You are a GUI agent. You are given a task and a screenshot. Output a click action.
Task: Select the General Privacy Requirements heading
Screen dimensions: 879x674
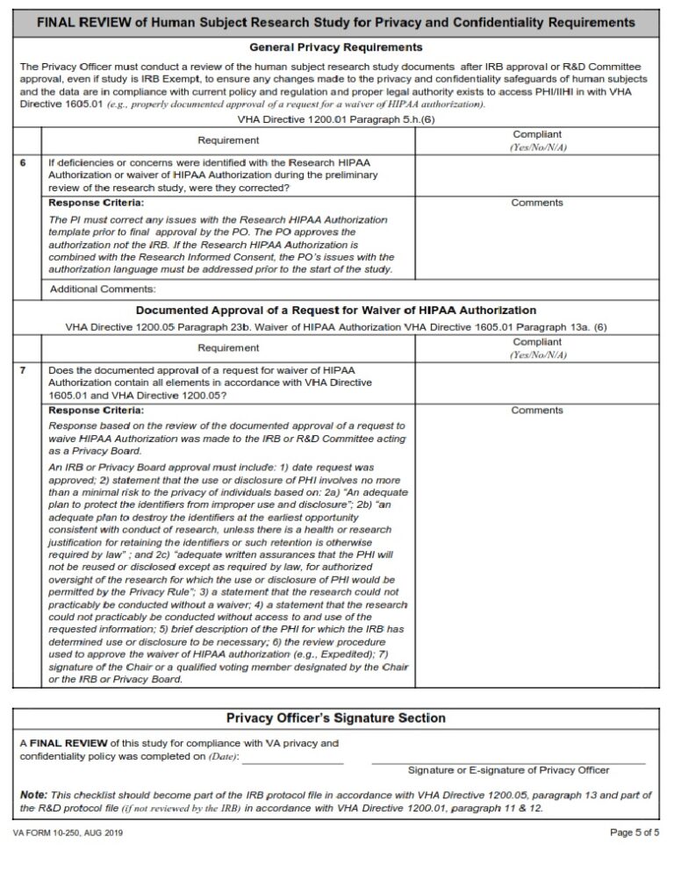336,46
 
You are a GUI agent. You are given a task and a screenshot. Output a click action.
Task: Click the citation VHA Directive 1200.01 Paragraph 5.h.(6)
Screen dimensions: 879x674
336,118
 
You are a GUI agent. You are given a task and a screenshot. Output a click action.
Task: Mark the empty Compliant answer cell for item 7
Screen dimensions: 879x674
537,383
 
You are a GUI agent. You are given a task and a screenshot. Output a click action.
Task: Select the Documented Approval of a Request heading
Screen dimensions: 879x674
336,311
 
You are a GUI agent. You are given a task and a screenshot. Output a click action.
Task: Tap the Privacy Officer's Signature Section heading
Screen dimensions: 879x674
336,718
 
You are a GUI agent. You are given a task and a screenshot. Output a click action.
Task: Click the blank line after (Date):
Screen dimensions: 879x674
292,756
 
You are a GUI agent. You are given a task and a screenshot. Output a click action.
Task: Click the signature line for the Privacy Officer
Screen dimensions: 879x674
508,756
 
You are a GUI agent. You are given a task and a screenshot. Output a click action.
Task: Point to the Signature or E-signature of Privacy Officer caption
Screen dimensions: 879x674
508,770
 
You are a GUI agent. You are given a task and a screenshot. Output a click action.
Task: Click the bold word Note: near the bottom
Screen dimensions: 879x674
33,794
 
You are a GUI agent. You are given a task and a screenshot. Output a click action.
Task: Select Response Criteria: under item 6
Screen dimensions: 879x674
96,203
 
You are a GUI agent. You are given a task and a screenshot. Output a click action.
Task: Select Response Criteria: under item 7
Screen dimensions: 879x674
96,411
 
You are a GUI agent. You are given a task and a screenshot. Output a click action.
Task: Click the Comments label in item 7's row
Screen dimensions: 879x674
537,411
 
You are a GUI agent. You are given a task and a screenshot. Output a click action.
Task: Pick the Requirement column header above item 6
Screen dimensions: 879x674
227,140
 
